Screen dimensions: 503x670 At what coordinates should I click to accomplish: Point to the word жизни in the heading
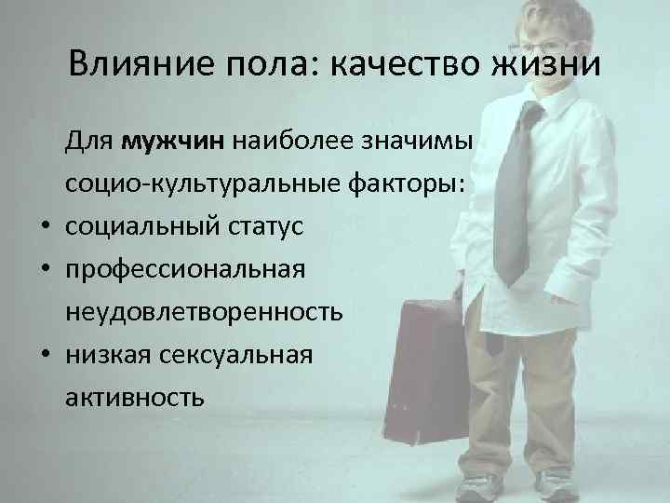coord(548,66)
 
